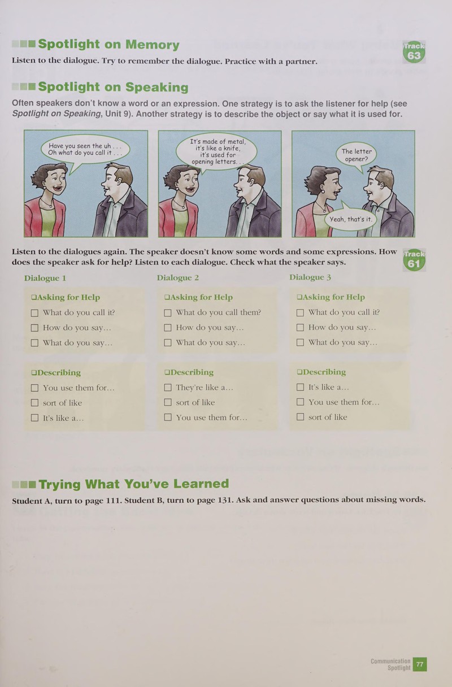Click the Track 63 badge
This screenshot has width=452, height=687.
pos(414,52)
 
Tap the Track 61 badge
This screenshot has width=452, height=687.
pos(414,260)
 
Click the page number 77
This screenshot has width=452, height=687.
pos(419,664)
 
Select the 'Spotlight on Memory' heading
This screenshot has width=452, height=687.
pos(108,44)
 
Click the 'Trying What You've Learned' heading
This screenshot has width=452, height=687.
pos(134,484)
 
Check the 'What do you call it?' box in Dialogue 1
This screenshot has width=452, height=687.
pos(34,313)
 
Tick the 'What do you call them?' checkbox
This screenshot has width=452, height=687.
pos(168,312)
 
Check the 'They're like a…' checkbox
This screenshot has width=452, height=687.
pos(168,388)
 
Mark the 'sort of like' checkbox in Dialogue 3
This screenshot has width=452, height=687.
pos(300,417)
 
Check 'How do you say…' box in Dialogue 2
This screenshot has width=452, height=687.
pos(168,328)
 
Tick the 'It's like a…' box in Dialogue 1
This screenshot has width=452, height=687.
pos(34,418)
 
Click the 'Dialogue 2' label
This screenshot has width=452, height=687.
pos(178,278)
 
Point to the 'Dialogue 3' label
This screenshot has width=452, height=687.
pos(310,277)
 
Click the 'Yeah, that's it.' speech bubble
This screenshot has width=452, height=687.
pos(350,219)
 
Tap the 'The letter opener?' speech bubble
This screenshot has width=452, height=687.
pos(357,155)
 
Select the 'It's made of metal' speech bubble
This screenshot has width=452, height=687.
pos(216,151)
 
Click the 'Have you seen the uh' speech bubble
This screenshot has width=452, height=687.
pos(85,149)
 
